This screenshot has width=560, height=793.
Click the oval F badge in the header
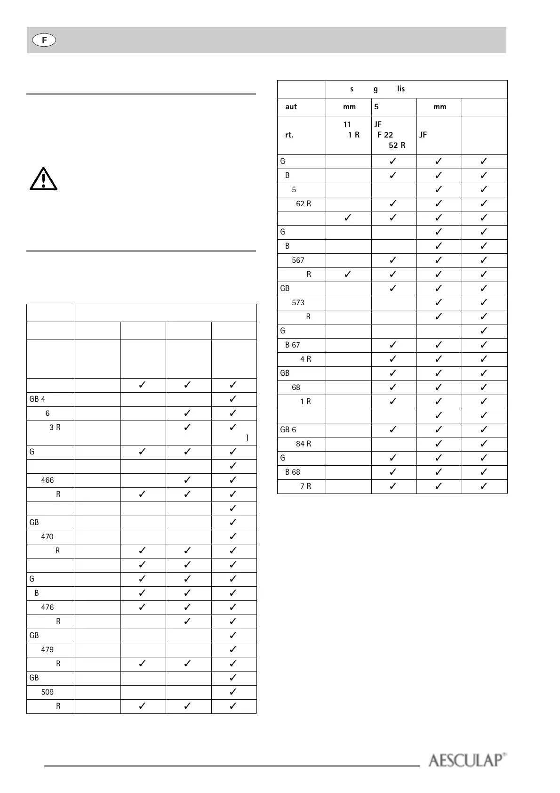(x=44, y=40)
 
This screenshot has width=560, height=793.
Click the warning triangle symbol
(x=43, y=179)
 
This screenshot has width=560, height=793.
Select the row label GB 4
(x=38, y=399)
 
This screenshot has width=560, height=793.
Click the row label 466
(x=48, y=480)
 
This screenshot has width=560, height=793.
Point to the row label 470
(x=48, y=536)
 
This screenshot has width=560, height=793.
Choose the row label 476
(x=48, y=607)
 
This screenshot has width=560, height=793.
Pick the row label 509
(x=48, y=692)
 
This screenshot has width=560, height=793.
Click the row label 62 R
(x=304, y=203)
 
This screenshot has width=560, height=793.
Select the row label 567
(x=298, y=260)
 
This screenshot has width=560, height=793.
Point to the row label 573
(x=298, y=302)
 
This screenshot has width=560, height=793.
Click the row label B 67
(x=293, y=345)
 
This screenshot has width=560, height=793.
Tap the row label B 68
(x=293, y=472)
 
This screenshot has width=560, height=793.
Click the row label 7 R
(x=306, y=486)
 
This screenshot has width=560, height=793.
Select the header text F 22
(x=385, y=135)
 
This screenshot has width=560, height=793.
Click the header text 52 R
(x=397, y=145)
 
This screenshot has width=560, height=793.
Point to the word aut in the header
(x=291, y=107)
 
